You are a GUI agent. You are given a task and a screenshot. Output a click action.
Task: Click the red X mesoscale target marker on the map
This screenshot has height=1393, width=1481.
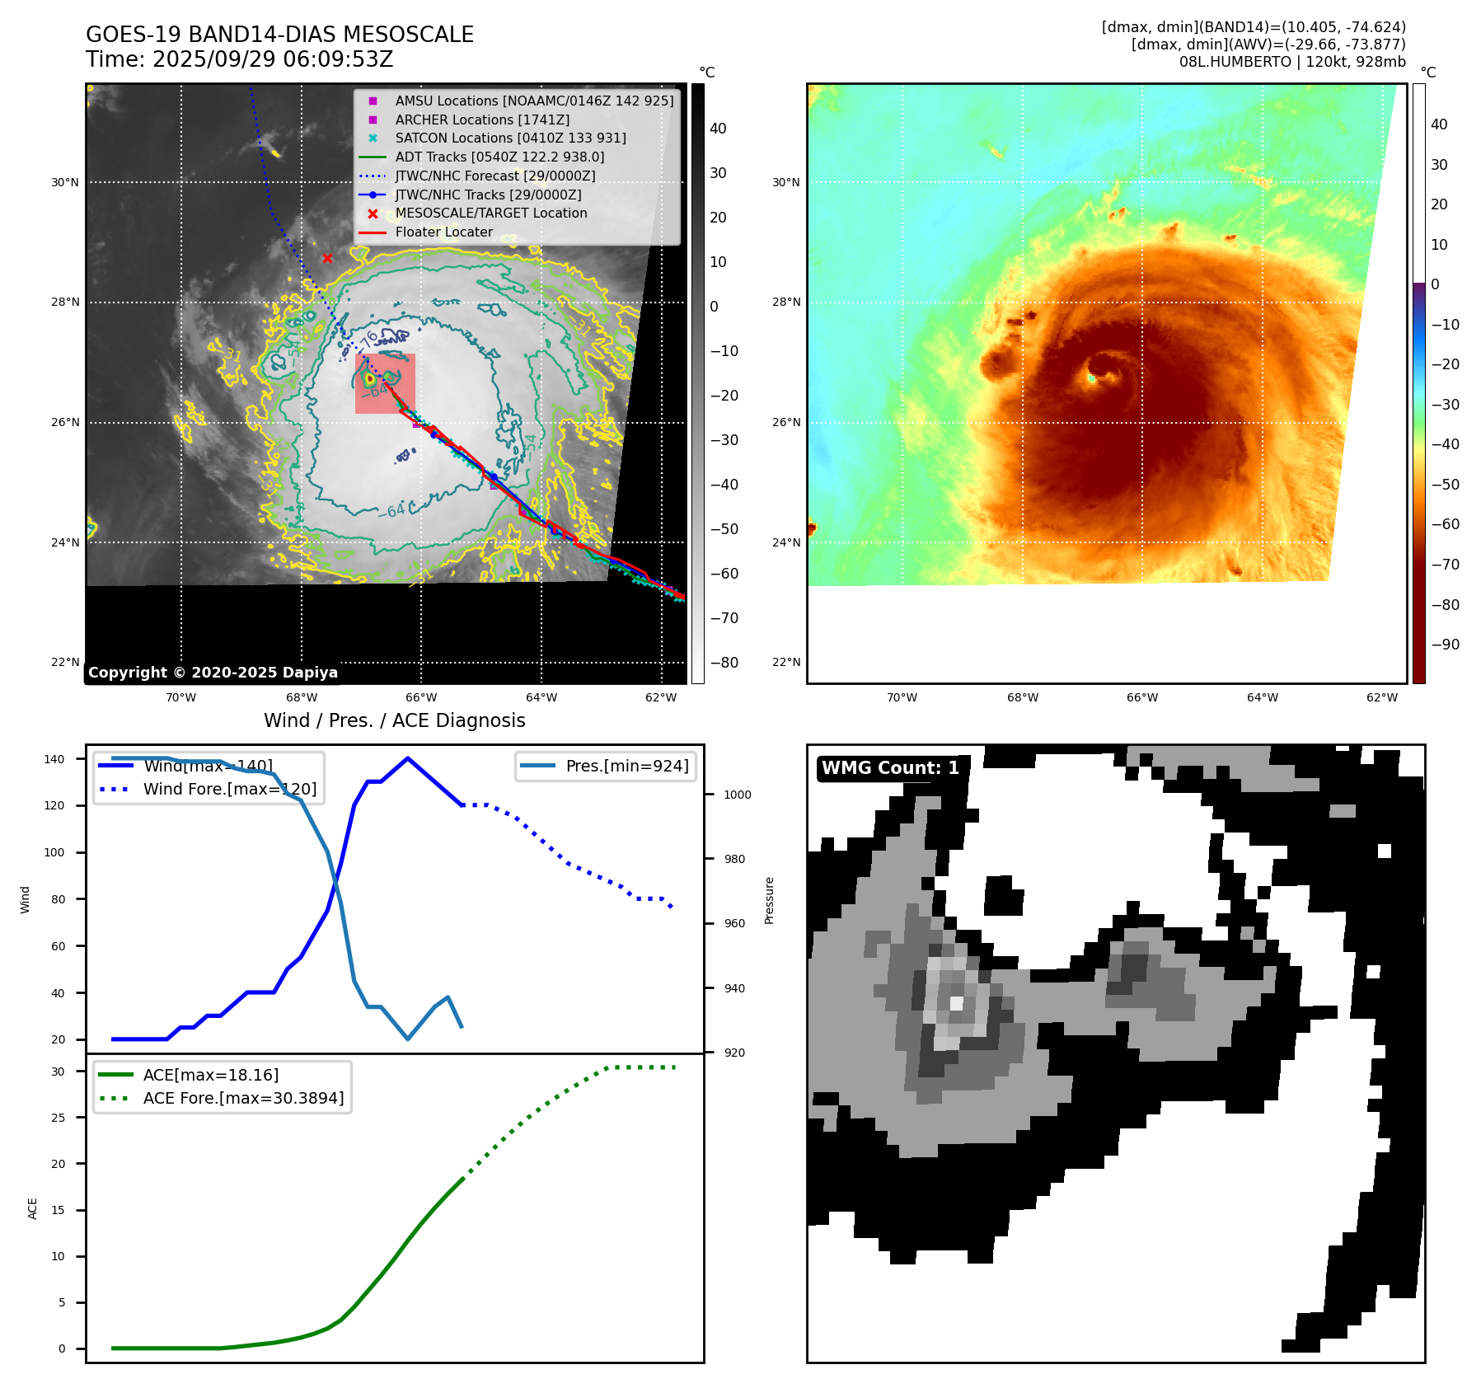click(x=327, y=258)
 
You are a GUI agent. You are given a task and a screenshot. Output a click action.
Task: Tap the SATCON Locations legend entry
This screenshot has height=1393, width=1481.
click(x=510, y=138)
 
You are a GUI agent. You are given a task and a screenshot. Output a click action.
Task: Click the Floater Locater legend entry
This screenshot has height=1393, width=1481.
click(x=443, y=232)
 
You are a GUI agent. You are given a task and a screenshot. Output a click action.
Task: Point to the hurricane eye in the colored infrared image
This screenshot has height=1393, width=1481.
click(x=1092, y=378)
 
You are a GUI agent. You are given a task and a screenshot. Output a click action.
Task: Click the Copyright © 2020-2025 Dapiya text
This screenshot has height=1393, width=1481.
click(x=213, y=673)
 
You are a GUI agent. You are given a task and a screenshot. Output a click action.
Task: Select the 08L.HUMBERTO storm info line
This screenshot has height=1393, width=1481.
click(x=1291, y=62)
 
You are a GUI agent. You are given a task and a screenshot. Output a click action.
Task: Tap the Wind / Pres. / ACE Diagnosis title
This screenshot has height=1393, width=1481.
click(x=394, y=720)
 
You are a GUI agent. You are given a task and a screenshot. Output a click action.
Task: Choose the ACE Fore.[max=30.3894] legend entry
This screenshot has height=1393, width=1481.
click(x=243, y=1098)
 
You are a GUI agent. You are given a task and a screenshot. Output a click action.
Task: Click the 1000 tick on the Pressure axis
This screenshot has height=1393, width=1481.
click(x=738, y=795)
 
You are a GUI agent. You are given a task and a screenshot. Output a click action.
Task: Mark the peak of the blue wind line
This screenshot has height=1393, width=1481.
click(x=408, y=758)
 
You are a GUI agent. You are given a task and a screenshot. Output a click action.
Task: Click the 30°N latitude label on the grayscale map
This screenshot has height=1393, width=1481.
click(x=65, y=182)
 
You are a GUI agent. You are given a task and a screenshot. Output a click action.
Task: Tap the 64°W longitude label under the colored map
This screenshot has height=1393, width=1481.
click(x=1262, y=697)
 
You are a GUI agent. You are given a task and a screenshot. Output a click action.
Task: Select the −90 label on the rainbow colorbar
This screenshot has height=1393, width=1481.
click(x=1445, y=645)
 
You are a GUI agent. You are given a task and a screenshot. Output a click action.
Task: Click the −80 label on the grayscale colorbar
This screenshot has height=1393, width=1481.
click(x=724, y=663)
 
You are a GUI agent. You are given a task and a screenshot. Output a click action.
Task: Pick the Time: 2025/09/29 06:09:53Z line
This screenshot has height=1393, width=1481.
click(x=239, y=59)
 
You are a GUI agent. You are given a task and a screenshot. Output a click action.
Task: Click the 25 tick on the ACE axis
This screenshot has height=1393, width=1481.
click(x=58, y=1118)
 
